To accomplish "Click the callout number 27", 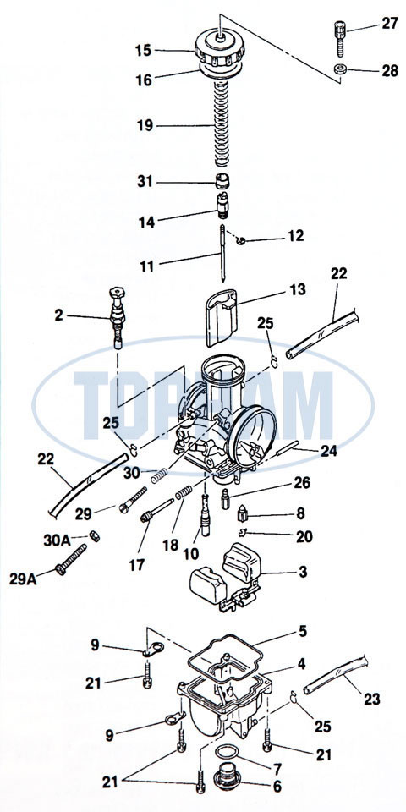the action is coord(389,24).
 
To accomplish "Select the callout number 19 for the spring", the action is coord(145,125).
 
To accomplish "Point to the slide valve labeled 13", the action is coord(222,317).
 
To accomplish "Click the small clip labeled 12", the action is coord(240,240).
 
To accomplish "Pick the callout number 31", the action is coord(145,183).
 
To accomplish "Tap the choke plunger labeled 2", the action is coord(118,318).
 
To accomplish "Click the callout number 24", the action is coord(328,451).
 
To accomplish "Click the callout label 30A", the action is coord(57,540).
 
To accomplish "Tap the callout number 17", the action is coord(137,564).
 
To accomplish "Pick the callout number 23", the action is coord(371,700).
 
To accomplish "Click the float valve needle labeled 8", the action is coord(244,514).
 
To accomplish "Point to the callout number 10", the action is coord(190,553).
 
